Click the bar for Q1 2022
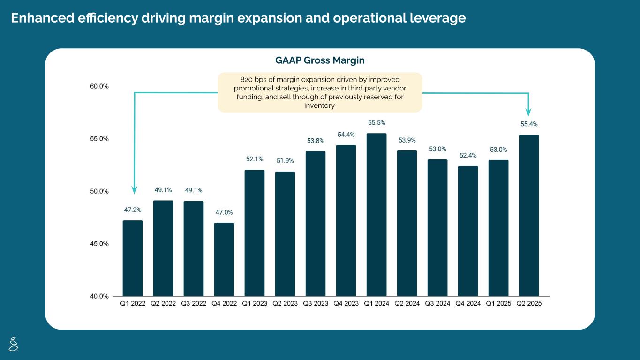coord(133,258)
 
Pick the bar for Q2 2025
coord(529,215)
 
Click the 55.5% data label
coord(376,123)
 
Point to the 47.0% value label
coord(224,212)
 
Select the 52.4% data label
coord(468,156)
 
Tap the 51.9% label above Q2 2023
coord(285,161)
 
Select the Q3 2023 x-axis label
coord(316,304)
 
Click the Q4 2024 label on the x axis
coord(468,304)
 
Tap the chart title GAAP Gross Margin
coord(320,60)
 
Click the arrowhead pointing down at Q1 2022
coord(135,190)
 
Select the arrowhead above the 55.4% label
coord(528,112)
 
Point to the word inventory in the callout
coord(320,105)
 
